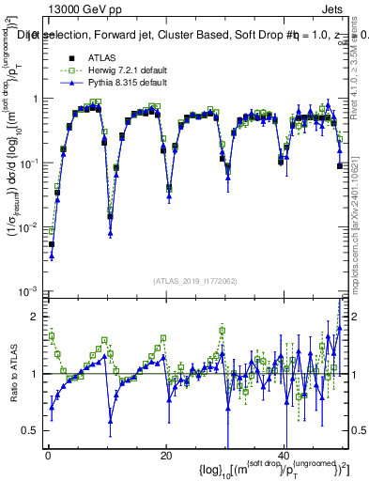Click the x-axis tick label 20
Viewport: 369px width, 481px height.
(166, 454)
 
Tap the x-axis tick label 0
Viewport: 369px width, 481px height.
(47, 454)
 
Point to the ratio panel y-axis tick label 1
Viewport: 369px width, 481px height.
(34, 374)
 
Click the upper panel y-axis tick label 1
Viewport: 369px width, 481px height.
(34, 100)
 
